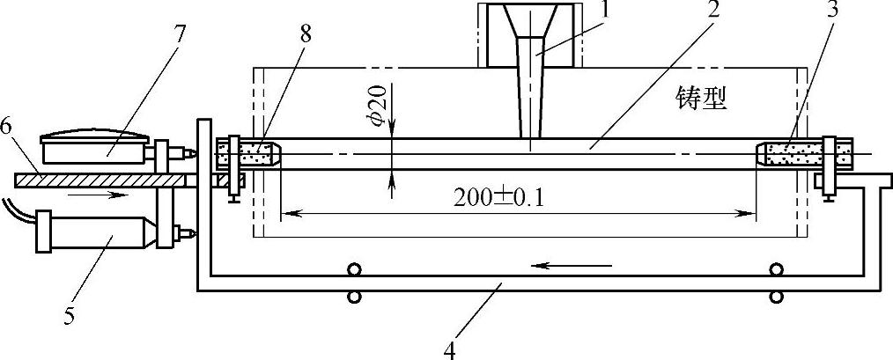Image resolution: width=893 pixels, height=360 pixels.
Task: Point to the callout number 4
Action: tap(449, 349)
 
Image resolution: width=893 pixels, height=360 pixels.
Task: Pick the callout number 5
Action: tap(69, 317)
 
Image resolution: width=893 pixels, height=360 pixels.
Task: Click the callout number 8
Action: tap(306, 34)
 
